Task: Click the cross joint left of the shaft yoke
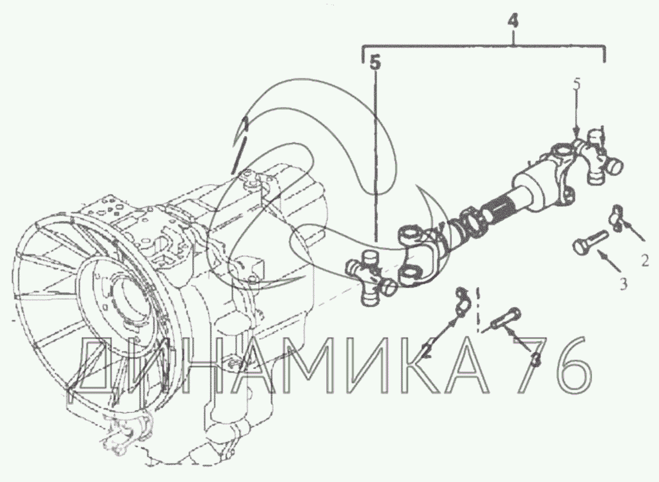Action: tap(371, 274)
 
